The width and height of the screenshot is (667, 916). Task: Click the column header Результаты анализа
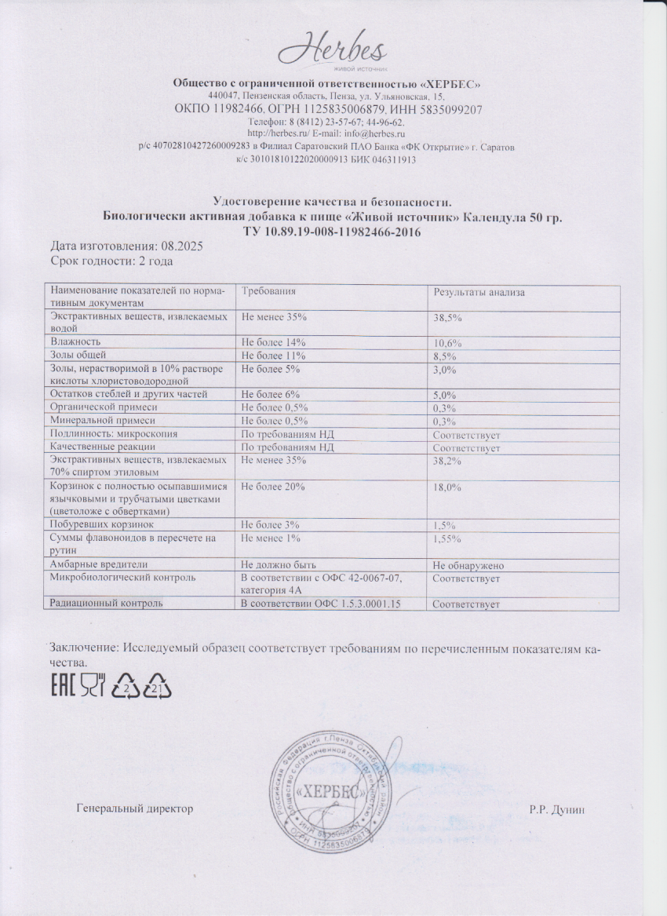pos(479,292)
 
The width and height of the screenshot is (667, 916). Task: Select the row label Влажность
pos(75,342)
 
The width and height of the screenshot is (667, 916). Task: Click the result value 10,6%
pos(447,344)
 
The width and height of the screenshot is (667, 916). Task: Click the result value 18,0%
pos(447,488)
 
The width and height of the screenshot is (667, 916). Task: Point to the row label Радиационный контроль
pos(106,603)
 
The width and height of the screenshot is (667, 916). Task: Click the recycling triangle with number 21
pos(157,686)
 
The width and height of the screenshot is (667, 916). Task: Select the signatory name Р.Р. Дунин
pos(557,808)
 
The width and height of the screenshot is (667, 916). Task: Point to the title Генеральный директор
pos(135,808)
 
